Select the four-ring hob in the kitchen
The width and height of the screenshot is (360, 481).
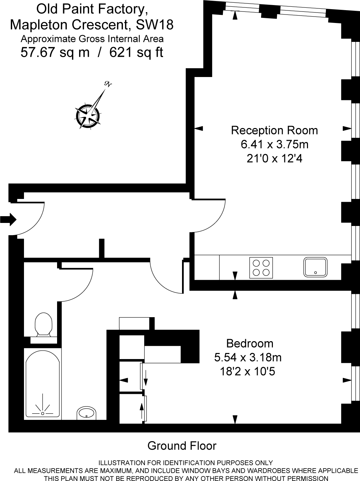(x=261, y=268)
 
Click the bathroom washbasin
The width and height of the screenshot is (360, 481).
(x=86, y=413)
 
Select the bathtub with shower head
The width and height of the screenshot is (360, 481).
(x=43, y=384)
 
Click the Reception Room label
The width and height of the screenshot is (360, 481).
(x=274, y=130)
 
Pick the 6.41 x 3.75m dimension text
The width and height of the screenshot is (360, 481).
(x=274, y=145)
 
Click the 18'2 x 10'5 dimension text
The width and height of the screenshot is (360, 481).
(x=248, y=372)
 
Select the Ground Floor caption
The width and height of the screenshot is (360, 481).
(x=182, y=446)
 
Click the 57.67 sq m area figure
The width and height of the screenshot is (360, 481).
(x=55, y=53)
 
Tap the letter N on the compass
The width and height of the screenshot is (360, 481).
(x=108, y=84)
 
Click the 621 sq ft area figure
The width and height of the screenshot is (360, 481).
(x=136, y=53)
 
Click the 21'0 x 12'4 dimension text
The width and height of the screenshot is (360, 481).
(x=274, y=158)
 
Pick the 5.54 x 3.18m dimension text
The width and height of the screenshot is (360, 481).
(x=248, y=357)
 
